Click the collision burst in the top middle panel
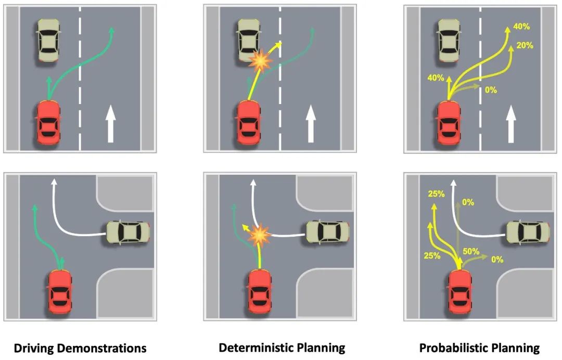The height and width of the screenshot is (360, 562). (x=260, y=61)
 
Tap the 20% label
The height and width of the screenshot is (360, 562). (x=525, y=45)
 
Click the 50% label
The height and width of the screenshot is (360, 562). (x=470, y=251)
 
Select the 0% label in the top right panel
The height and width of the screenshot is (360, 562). (x=491, y=90)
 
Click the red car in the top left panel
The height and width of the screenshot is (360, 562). (x=48, y=122)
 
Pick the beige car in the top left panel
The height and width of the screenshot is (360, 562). (x=49, y=40)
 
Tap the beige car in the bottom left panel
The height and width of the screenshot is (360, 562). (x=128, y=233)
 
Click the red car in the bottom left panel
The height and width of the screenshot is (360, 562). (x=60, y=291)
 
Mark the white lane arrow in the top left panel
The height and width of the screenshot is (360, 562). (x=110, y=124)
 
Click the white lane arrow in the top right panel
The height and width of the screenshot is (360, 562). (x=511, y=124)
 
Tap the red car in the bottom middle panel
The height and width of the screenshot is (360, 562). (x=260, y=291)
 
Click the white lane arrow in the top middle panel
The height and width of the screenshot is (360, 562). (x=310, y=124)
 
